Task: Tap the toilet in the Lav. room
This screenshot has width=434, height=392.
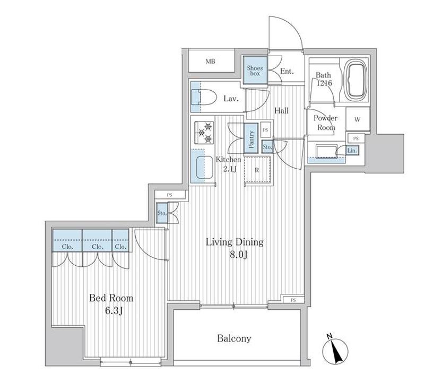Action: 204,97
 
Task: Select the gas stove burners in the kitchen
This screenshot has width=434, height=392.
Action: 205,133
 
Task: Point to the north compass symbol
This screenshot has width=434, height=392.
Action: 335,352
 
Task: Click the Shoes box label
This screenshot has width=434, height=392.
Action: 255,71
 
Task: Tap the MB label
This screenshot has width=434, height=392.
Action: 210,62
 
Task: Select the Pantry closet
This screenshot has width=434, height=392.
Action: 251,138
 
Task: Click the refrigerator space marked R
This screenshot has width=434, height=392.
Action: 257,170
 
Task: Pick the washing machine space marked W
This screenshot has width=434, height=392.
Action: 358,119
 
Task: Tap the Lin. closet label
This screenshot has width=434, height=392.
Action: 352,151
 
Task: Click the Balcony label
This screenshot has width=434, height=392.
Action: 234,338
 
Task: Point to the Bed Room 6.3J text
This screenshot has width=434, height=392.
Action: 111,304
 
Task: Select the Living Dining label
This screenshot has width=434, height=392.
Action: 235,242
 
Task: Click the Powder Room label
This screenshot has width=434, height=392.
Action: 326,123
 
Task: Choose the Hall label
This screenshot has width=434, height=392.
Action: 282,111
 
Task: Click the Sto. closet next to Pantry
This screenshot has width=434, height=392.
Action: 267,146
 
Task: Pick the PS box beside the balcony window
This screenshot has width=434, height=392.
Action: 293,300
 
